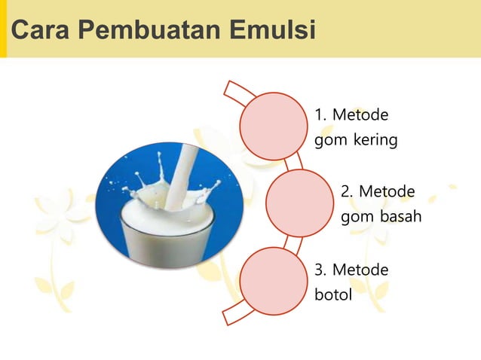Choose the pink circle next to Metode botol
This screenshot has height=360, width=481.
274,282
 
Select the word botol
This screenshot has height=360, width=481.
333,294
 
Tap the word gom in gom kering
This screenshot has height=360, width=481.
329,142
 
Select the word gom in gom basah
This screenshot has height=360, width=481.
356,218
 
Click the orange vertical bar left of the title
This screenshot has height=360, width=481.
3,29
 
